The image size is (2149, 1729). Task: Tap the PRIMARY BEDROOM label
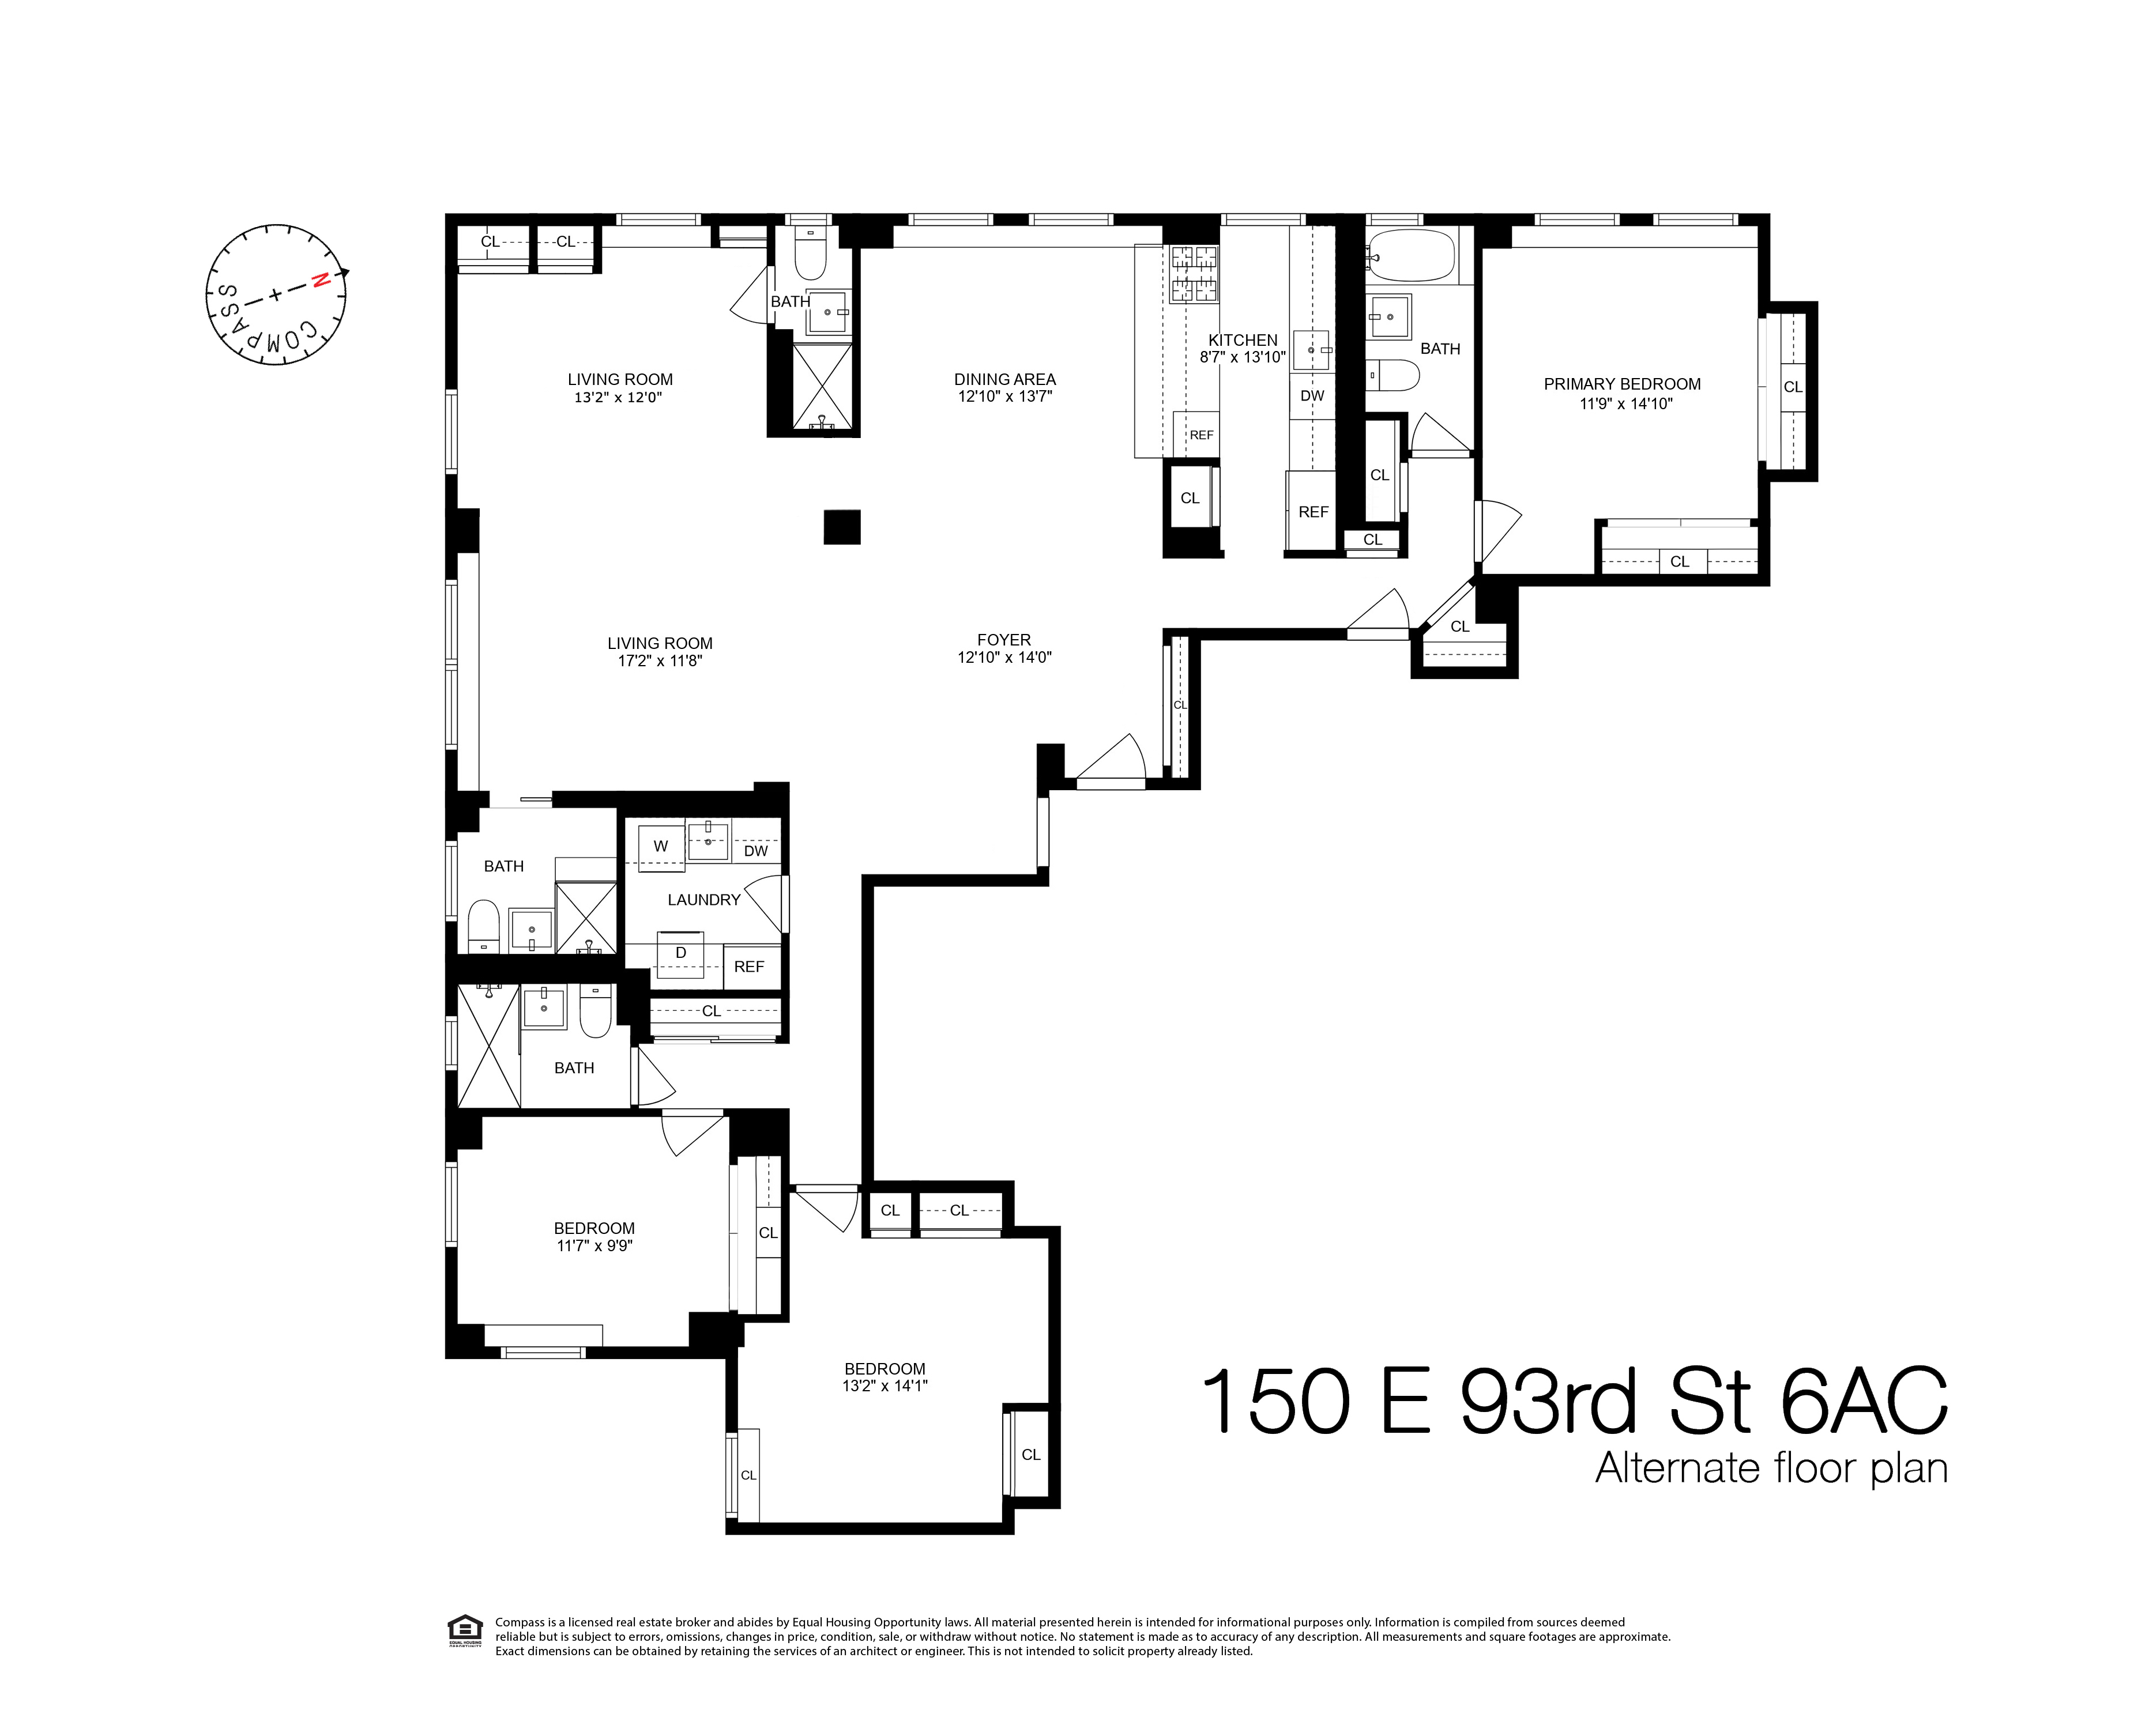click(1622, 384)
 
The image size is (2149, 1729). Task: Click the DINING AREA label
click(1004, 379)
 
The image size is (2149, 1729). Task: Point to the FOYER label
click(1004, 640)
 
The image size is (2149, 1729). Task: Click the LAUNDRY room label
click(703, 900)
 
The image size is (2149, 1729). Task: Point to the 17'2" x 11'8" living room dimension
click(660, 660)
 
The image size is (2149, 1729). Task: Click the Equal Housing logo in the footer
click(462, 1632)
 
